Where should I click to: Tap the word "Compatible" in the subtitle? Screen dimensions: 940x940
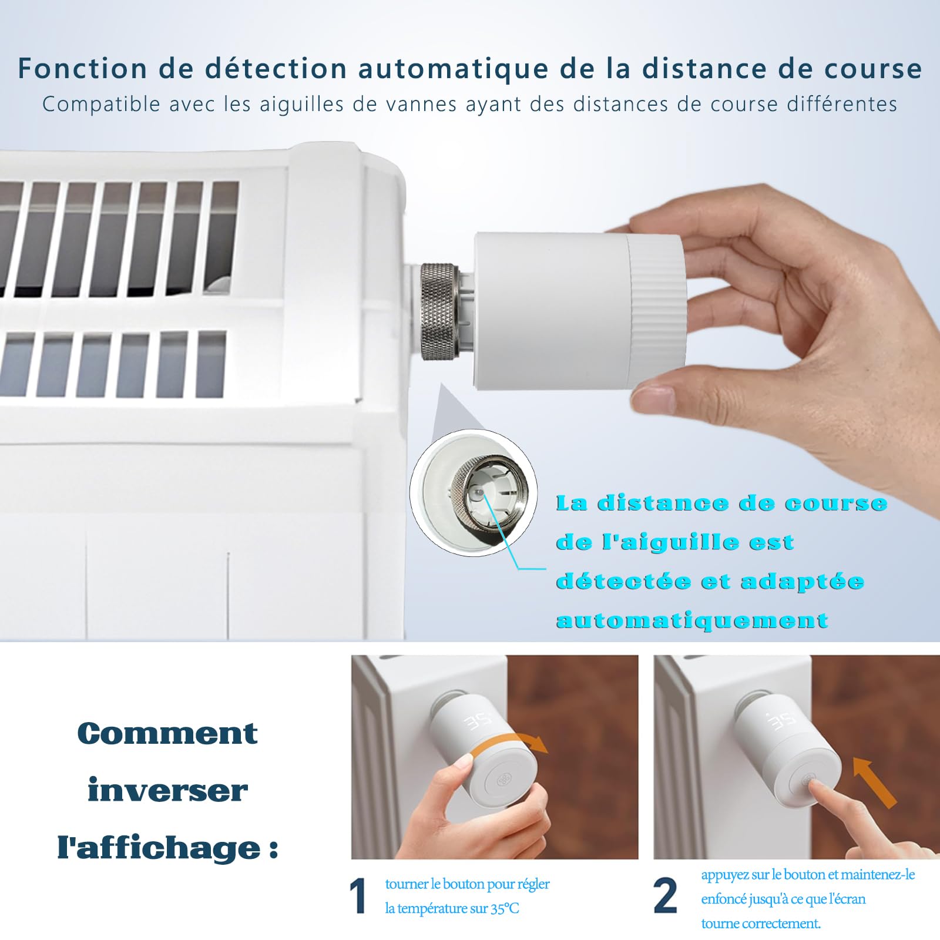point(101,105)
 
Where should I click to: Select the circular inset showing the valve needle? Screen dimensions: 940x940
point(474,493)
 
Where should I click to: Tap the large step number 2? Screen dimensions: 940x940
point(665,896)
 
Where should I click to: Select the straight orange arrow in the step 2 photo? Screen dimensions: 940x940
point(874,782)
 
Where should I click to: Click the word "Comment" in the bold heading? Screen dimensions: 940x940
point(167,733)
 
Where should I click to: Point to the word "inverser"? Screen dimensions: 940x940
point(167,790)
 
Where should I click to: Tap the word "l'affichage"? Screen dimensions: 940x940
point(159,847)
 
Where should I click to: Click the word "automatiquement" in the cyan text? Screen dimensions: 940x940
point(692,620)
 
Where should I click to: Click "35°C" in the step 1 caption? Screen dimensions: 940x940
point(505,908)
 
